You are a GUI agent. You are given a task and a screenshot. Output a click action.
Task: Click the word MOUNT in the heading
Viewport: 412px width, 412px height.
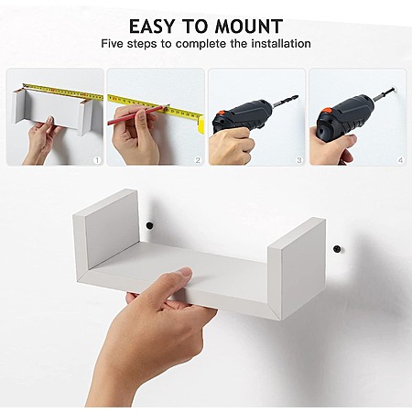(x=249, y=27)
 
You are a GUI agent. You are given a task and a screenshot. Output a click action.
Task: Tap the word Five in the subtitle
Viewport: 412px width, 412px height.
(x=112, y=44)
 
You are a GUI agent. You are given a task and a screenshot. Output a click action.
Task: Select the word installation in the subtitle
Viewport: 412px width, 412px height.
(x=281, y=44)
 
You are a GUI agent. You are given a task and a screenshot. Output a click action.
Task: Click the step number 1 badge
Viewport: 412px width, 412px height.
(x=97, y=160)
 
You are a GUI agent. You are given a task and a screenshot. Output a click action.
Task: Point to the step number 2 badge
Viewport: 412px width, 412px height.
(x=198, y=160)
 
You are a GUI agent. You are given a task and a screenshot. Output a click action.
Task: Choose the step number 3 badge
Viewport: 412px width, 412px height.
(x=299, y=160)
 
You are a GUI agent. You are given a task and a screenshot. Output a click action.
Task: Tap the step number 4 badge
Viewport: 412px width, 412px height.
(x=400, y=160)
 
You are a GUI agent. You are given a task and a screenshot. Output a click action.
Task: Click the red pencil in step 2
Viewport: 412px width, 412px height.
(x=138, y=114)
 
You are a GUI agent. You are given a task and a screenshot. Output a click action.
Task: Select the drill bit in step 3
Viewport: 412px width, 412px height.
(x=285, y=101)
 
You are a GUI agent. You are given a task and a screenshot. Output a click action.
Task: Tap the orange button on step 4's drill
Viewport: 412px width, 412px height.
(x=326, y=111)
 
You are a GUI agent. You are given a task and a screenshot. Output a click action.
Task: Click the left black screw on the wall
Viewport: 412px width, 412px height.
(x=149, y=226)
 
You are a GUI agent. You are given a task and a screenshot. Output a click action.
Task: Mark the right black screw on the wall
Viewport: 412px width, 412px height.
(x=337, y=249)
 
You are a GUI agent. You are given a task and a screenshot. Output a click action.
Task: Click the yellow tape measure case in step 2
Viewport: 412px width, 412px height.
(x=201, y=125)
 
